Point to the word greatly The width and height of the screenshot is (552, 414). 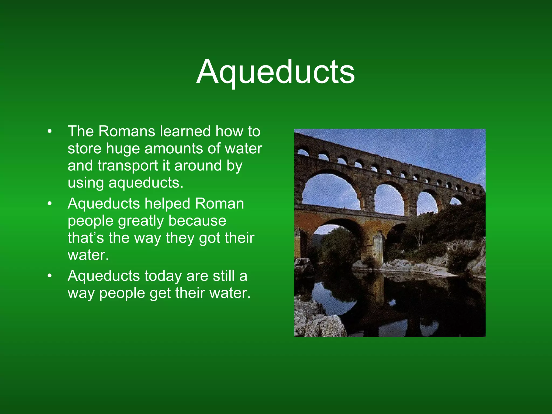pyautogui.click(x=141, y=221)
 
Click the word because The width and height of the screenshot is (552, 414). pyautogui.click(x=197, y=221)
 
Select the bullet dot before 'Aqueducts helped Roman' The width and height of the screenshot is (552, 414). pyautogui.click(x=49, y=204)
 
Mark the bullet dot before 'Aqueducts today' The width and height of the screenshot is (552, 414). pyautogui.click(x=49, y=276)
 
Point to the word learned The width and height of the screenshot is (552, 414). pyautogui.click(x=185, y=131)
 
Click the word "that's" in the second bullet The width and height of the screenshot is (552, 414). pyautogui.click(x=86, y=238)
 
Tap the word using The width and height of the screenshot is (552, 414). pyautogui.click(x=86, y=183)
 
